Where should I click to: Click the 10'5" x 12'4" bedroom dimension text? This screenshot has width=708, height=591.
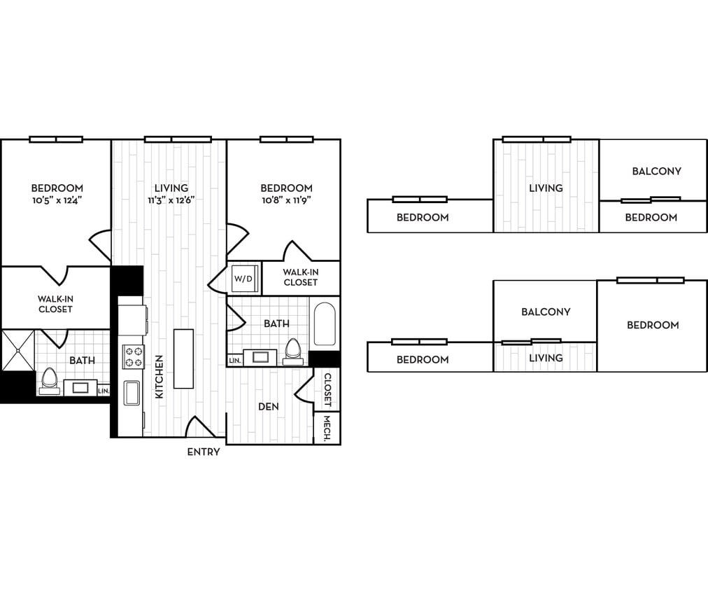click(x=57, y=200)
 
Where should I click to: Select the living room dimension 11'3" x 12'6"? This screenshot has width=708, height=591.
click(x=171, y=200)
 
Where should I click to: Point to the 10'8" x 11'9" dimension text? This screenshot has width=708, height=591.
click(x=286, y=200)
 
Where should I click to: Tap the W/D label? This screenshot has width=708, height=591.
click(x=243, y=279)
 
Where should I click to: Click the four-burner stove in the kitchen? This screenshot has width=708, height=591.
click(x=133, y=356)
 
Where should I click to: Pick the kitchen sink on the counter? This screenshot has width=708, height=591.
click(x=132, y=393)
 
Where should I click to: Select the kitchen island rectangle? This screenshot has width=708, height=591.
click(x=183, y=358)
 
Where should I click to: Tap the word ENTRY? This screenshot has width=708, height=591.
click(x=204, y=452)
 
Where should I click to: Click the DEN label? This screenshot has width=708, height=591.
click(x=269, y=406)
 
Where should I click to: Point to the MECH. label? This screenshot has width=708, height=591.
click(x=327, y=428)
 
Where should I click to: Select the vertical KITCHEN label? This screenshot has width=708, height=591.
click(x=160, y=377)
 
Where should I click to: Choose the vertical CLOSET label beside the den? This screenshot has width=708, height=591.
click(x=327, y=390)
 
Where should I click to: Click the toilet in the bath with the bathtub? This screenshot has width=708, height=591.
click(x=293, y=351)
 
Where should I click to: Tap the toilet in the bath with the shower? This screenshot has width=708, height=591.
click(x=49, y=380)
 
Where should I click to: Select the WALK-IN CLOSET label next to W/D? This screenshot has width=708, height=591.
click(x=300, y=277)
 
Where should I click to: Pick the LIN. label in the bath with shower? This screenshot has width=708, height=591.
click(x=104, y=391)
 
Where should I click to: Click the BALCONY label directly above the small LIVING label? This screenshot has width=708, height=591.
click(x=546, y=312)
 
